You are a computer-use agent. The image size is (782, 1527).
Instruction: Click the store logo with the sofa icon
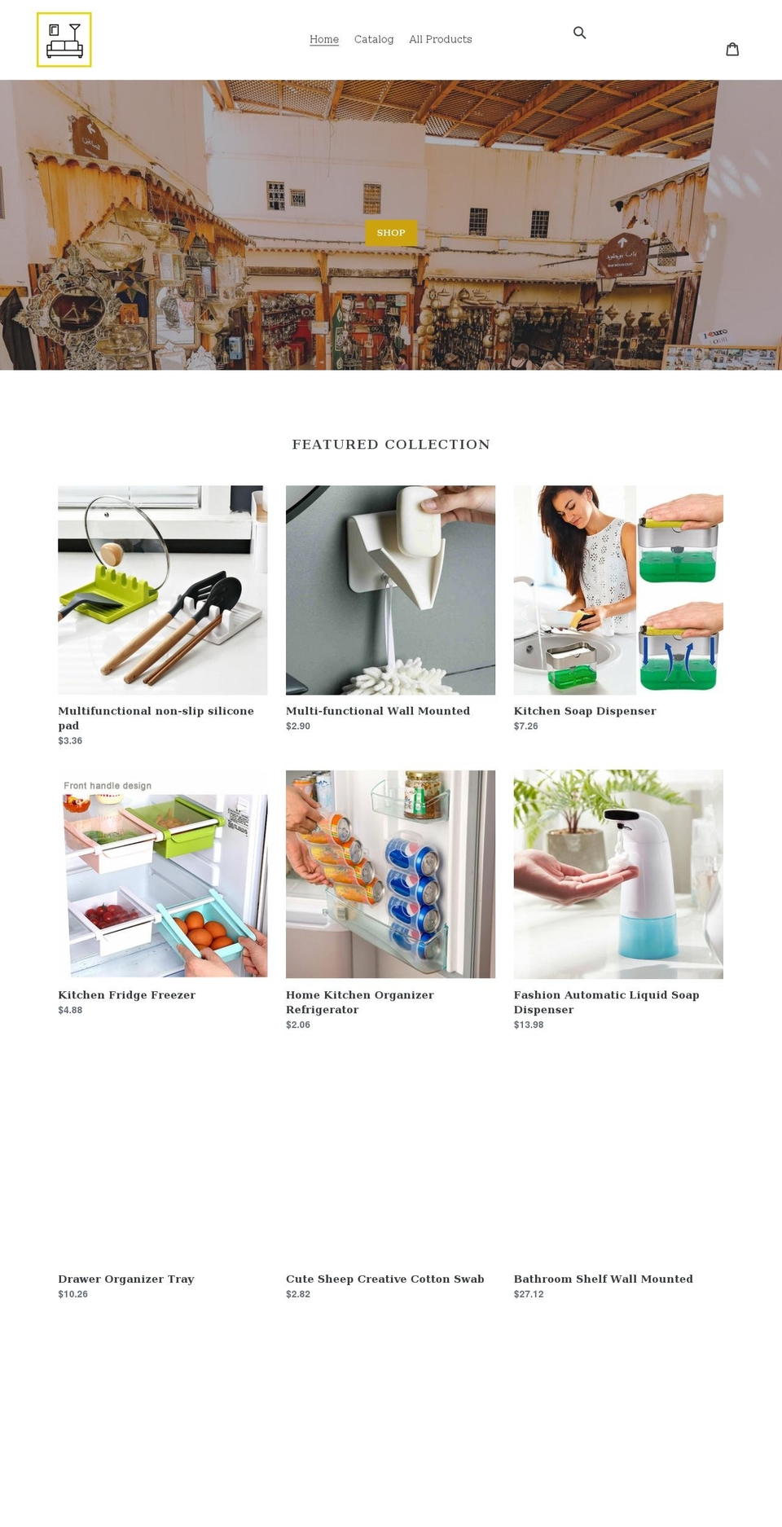[64, 40]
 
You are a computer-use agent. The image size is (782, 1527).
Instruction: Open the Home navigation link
[324, 39]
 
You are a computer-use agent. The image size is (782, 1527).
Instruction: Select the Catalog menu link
[374, 39]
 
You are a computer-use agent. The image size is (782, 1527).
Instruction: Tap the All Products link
[440, 39]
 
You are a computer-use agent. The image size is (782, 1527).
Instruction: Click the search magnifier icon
[580, 33]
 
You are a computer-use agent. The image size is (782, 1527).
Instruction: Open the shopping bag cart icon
[732, 49]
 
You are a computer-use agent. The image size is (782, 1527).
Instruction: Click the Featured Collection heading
[391, 445]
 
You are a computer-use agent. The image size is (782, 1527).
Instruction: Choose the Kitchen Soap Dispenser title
[584, 711]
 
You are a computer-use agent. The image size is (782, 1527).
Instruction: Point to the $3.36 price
[70, 741]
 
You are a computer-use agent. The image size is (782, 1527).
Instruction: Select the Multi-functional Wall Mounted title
[377, 711]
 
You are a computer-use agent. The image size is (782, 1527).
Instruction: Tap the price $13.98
[529, 1025]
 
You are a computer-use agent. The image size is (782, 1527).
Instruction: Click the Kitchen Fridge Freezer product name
[126, 995]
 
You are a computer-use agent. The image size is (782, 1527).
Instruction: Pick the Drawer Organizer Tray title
[126, 1279]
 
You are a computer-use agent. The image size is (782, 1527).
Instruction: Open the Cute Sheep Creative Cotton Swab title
[384, 1279]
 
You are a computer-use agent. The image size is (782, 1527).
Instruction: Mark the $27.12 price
[529, 1294]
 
